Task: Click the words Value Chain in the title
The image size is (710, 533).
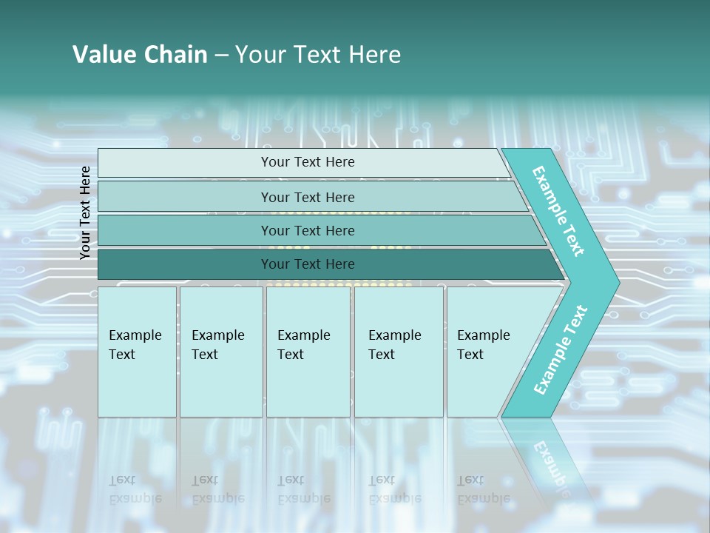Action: (140, 54)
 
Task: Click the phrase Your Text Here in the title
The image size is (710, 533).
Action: (318, 54)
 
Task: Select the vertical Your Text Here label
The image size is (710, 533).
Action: (85, 212)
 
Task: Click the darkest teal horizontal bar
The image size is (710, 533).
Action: (185, 264)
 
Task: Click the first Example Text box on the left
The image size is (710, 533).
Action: (137, 352)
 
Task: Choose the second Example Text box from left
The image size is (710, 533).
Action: (220, 352)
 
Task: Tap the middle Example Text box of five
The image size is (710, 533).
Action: (308, 352)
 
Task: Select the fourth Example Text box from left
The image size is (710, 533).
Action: (398, 352)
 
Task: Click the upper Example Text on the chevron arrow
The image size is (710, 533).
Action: (558, 211)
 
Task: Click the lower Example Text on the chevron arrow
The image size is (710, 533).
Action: (560, 350)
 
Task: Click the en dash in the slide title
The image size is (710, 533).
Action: (221, 56)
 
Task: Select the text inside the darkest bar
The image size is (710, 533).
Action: (308, 264)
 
